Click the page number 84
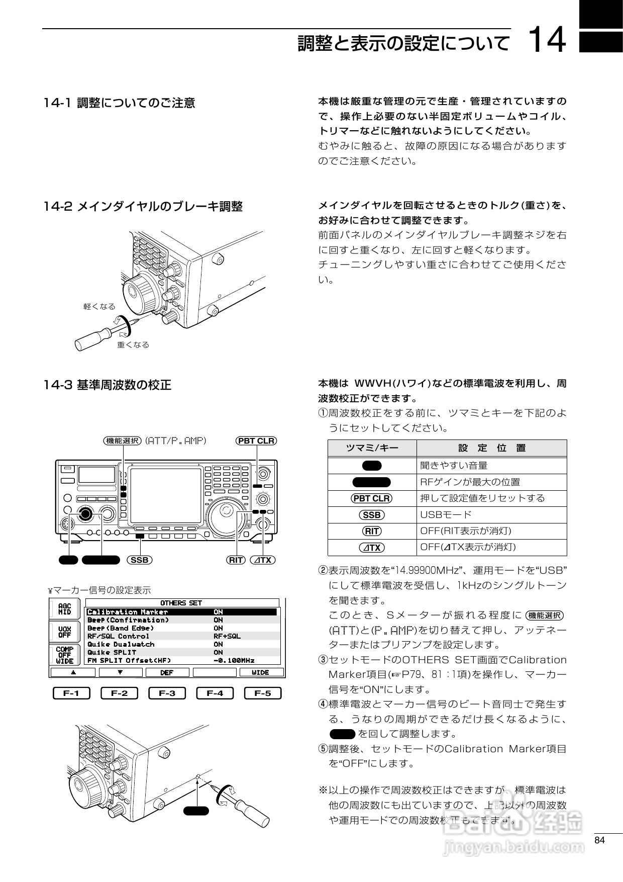click(599, 841)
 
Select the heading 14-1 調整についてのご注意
click(119, 103)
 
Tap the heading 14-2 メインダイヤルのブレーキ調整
click(143, 206)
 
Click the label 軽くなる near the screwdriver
click(99, 306)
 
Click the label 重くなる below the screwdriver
click(133, 345)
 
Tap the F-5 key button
click(262, 693)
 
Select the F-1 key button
click(71, 693)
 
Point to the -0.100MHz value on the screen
click(234, 660)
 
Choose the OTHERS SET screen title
click(181, 603)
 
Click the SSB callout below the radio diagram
click(139, 560)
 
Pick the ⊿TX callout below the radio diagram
click(262, 560)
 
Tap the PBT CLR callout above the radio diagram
click(256, 441)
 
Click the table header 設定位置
click(491, 448)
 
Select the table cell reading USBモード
click(446, 514)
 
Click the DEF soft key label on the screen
click(166, 672)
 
